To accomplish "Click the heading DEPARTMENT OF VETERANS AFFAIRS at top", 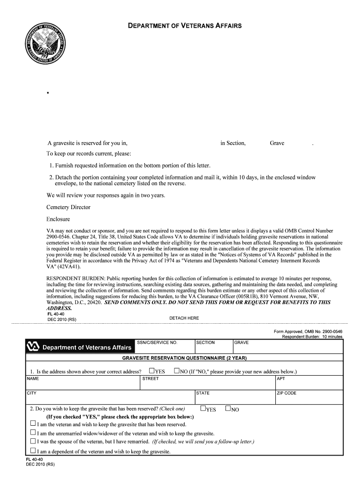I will pos(185,26).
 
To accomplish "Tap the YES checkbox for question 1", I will pos(151,371).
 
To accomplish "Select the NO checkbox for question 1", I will pos(177,371).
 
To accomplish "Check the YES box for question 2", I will pos(203,408).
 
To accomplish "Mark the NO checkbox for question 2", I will pos(228,408).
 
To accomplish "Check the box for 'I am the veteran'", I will pos(33,424).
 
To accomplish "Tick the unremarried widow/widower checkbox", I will pos(33,433).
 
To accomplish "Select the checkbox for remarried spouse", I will pos(33,441).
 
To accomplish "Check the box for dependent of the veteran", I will pos(33,451).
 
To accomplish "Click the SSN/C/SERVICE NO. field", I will pos(165,349).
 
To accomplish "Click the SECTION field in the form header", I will pos(213,349).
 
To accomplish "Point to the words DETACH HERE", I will pos(184,318).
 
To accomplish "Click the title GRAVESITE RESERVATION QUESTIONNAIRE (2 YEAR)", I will pos(184,358).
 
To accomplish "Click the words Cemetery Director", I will pos(68,207).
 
